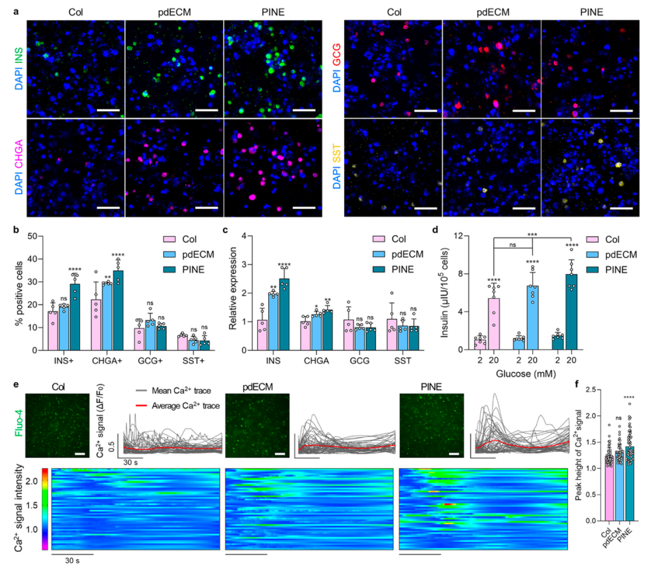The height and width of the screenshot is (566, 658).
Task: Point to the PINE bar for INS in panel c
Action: pyautogui.click(x=284, y=314)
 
